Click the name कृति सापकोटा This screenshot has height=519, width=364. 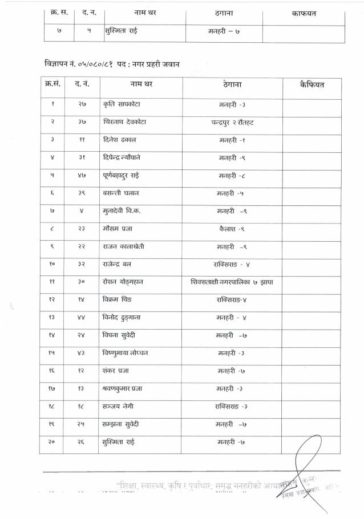122,104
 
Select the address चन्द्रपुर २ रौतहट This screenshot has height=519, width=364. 232,122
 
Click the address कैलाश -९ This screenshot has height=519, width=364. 232,228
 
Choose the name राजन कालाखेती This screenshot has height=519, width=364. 124,246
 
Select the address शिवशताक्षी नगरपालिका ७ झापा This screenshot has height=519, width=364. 232,281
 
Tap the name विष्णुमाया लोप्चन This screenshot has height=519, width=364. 126,352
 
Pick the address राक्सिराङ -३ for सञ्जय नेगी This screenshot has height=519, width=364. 232,406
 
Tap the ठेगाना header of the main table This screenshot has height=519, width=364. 232,86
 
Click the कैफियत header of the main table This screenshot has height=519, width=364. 312,86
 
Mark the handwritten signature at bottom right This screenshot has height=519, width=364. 311,468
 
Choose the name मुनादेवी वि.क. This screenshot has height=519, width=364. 122,210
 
